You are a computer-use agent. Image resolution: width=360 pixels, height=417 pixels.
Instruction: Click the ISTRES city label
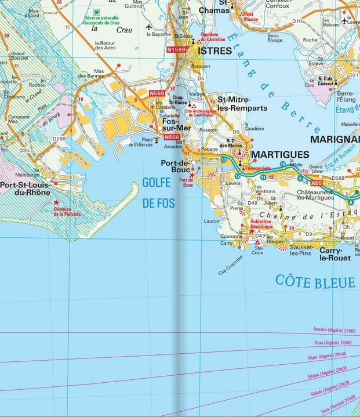[214, 51]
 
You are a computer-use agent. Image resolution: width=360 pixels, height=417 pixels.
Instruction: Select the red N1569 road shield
[177, 50]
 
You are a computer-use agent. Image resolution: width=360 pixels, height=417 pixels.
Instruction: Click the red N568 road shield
[172, 137]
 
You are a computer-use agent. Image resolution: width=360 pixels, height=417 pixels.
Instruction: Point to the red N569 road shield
[157, 93]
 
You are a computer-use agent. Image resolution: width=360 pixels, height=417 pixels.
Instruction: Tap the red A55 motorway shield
[317, 183]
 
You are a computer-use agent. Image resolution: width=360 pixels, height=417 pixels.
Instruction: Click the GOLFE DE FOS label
[157, 193]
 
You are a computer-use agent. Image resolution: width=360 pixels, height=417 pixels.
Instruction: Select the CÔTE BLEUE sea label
[315, 282]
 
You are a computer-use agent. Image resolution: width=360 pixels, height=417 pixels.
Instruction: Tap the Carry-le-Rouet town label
[336, 254]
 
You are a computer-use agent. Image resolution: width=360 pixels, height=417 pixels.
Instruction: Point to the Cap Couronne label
[230, 265]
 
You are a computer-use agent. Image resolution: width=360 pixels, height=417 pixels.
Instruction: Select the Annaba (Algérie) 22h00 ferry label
[333, 330]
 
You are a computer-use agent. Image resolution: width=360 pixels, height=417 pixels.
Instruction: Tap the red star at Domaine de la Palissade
[56, 202]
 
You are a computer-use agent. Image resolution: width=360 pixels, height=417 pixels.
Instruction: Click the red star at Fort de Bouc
[192, 175]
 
